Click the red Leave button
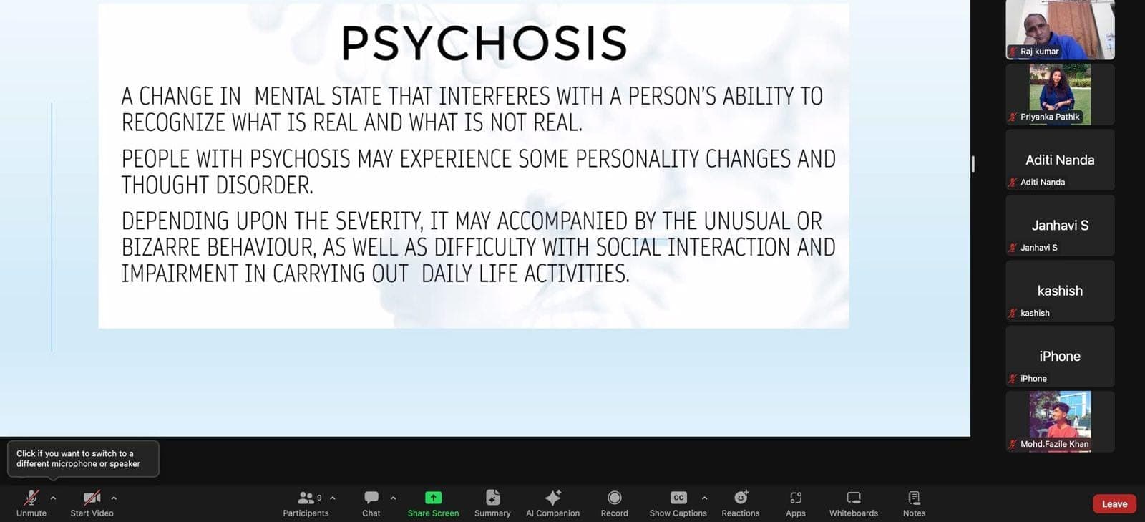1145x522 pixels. coord(1114,503)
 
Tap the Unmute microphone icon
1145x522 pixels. coord(31,498)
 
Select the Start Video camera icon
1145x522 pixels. coord(92,498)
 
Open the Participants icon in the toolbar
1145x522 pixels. coord(306,498)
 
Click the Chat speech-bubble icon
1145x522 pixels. coord(371,498)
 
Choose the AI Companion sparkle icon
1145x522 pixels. coord(552,498)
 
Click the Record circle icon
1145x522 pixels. coord(615,498)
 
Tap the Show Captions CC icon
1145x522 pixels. coord(678,498)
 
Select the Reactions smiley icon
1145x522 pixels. coord(741,497)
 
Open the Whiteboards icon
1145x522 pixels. coord(854,498)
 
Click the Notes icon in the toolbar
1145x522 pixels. coord(914,498)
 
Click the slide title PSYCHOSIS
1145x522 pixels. coord(484,43)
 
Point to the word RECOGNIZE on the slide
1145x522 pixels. coord(173,122)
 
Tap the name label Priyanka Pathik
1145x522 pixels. coord(1050,117)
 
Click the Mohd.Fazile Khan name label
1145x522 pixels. coord(1055,444)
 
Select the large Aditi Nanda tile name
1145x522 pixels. coord(1060,160)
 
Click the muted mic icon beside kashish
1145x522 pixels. coord(1013,313)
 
